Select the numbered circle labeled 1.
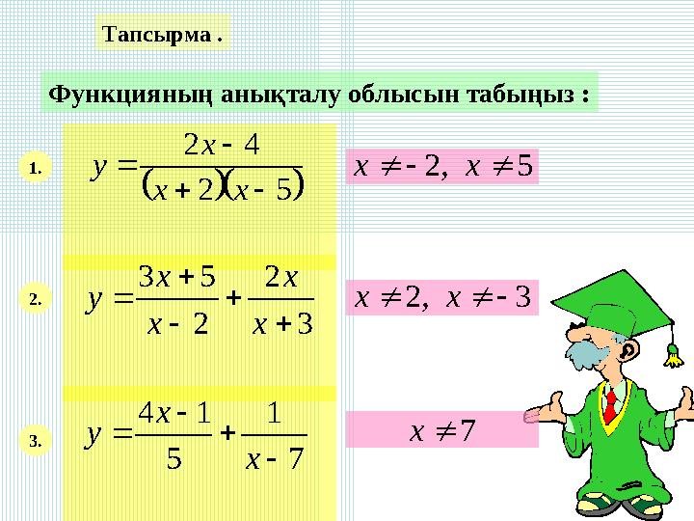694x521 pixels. click(x=35, y=170)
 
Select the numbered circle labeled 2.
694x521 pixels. click(x=35, y=300)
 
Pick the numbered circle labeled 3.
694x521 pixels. click(x=35, y=443)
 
